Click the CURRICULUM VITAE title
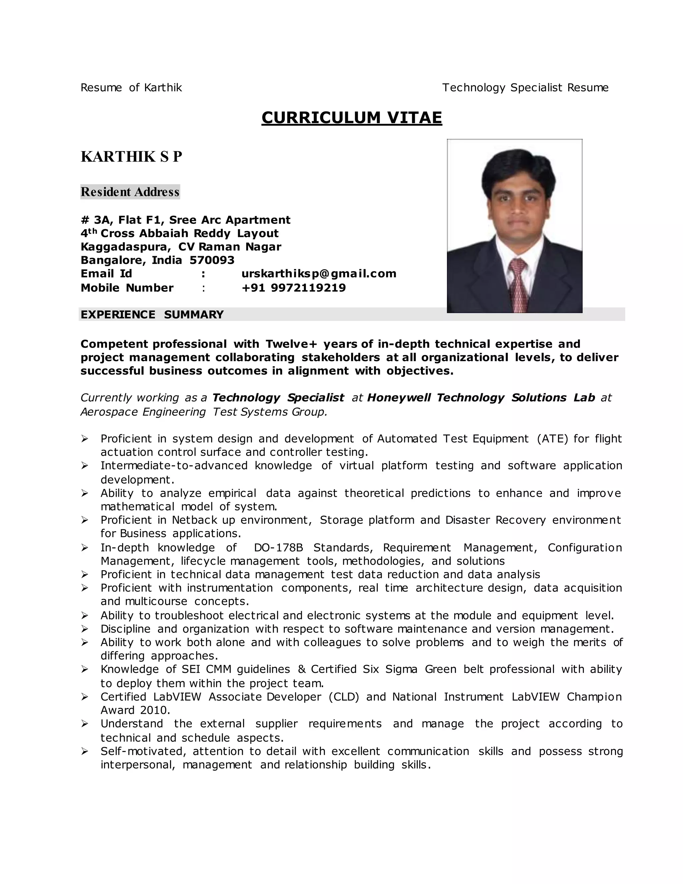coord(352,118)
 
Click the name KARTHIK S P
coord(131,157)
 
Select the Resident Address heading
coord(130,192)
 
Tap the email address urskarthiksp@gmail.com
coord(319,274)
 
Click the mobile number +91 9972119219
coord(294,288)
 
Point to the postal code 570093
coord(212,260)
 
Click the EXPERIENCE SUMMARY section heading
coord(152,315)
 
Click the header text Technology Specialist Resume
coord(525,87)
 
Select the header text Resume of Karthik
coord(131,87)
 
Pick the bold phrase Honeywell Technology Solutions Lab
coord(481,398)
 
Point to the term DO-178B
coord(278,548)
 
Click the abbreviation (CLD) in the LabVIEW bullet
coord(344,697)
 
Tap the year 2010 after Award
coord(154,710)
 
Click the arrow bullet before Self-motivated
coord(85,751)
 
